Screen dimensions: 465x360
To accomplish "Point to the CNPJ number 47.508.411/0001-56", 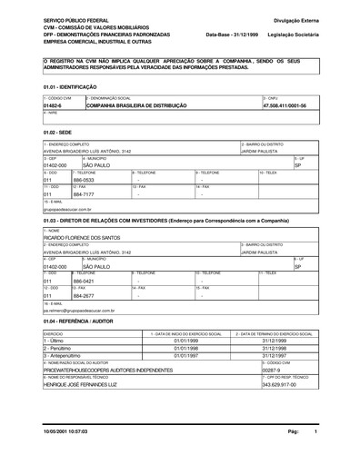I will (285, 105).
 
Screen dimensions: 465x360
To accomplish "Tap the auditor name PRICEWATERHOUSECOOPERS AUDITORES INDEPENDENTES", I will (107, 371).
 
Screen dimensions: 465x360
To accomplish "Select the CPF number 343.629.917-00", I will (280, 385).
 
